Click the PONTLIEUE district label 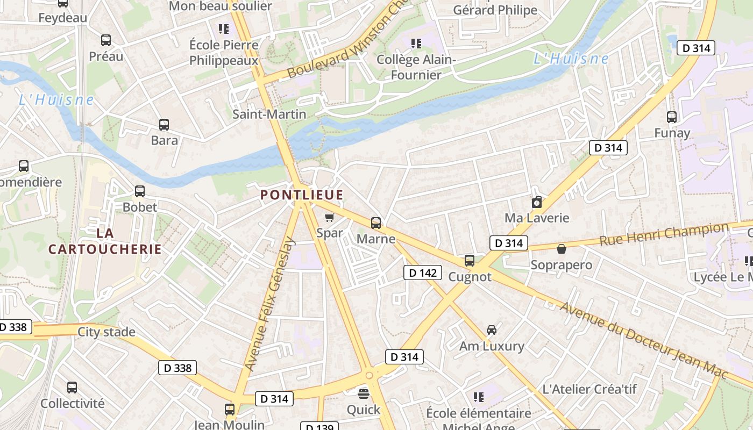pyautogui.click(x=302, y=195)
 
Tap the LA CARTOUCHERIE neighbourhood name pyautogui.click(x=105, y=241)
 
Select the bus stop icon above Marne pyautogui.click(x=376, y=223)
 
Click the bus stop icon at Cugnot pyautogui.click(x=470, y=261)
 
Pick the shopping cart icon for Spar pyautogui.click(x=329, y=217)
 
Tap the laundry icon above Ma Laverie pyautogui.click(x=536, y=202)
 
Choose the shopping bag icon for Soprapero pyautogui.click(x=561, y=249)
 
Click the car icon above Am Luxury pyautogui.click(x=491, y=329)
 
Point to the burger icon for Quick pyautogui.click(x=364, y=393)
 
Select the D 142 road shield pyautogui.click(x=423, y=273)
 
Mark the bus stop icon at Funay pyautogui.click(x=672, y=117)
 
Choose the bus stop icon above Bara pyautogui.click(x=164, y=125)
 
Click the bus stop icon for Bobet pyautogui.click(x=140, y=191)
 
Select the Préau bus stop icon pyautogui.click(x=106, y=40)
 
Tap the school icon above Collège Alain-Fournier pyautogui.click(x=416, y=43)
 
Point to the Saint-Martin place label pyautogui.click(x=269, y=114)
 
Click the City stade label pyautogui.click(x=106, y=332)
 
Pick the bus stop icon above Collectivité pyautogui.click(x=72, y=387)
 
